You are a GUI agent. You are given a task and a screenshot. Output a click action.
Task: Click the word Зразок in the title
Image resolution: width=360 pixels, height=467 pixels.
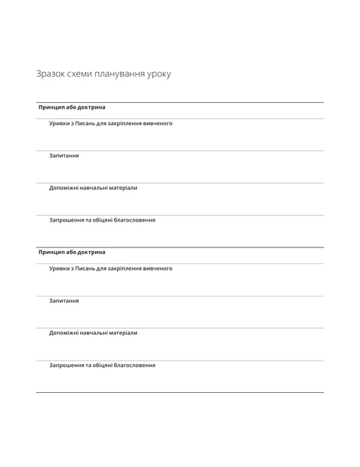pyautogui.click(x=49, y=74)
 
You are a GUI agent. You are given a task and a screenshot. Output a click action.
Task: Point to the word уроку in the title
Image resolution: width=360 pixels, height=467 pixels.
pyautogui.click(x=160, y=74)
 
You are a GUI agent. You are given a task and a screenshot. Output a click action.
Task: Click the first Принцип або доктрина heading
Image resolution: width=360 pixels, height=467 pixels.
pyautogui.click(x=72, y=107)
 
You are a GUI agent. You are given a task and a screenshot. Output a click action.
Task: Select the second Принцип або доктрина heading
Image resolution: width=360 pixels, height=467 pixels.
pyautogui.click(x=72, y=253)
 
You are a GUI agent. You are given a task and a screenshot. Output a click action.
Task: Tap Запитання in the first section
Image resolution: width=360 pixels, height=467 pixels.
pyautogui.click(x=64, y=155)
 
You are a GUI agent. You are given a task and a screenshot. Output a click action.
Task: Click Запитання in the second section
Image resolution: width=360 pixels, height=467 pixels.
pyautogui.click(x=64, y=301)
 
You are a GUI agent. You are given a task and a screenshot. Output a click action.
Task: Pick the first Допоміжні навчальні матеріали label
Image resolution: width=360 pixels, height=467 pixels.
pyautogui.click(x=93, y=188)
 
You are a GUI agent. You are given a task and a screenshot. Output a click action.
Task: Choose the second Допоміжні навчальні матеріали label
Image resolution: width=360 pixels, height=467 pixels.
pyautogui.click(x=93, y=333)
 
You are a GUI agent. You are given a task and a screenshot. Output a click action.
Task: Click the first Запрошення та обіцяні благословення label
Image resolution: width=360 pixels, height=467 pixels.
pyautogui.click(x=102, y=220)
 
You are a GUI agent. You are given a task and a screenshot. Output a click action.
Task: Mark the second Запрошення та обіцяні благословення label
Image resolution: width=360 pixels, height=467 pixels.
pyautogui.click(x=102, y=366)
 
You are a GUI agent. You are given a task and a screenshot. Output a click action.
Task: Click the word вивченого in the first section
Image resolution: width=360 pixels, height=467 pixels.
pyautogui.click(x=158, y=123)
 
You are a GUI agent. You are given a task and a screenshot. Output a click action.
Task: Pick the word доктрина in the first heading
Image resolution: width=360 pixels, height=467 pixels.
pyautogui.click(x=91, y=107)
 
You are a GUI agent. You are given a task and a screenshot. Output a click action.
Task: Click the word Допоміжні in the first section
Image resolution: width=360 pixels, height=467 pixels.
pyautogui.click(x=64, y=188)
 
